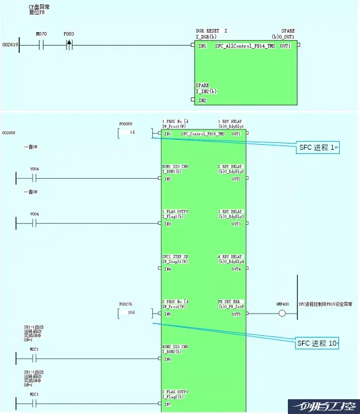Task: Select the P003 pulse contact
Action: (x=68, y=44)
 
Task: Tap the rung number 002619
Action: (x=10, y=45)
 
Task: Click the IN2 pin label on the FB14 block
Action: (x=202, y=100)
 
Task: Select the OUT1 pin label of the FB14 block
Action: (x=285, y=46)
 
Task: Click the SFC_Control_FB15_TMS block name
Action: (x=203, y=134)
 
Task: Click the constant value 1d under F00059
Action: (x=132, y=132)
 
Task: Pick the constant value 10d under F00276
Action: (x=131, y=312)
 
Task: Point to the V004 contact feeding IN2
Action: (x=35, y=179)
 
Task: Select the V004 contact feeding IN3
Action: (x=35, y=224)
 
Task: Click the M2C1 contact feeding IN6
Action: (x=35, y=359)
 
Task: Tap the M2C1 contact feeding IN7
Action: (x=35, y=404)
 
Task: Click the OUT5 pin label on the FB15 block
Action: (x=236, y=314)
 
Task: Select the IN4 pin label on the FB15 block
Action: (x=168, y=269)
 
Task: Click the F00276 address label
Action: (x=126, y=304)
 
